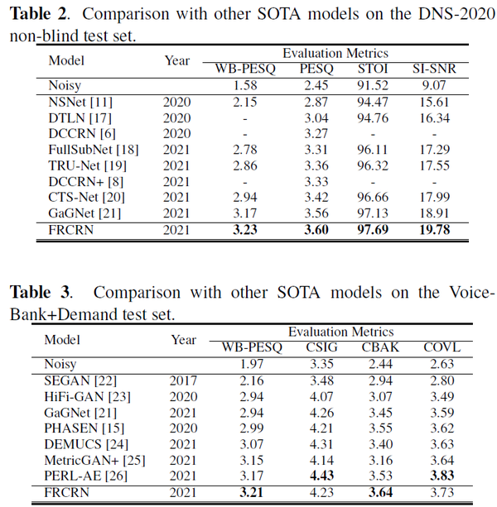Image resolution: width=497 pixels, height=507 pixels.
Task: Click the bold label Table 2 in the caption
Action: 36,14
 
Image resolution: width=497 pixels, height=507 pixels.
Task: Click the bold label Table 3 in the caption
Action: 36,292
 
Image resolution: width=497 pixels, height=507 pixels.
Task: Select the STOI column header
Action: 373,69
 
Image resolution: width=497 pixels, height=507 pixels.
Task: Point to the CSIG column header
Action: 322,347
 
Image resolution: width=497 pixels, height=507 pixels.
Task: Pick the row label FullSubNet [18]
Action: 93,150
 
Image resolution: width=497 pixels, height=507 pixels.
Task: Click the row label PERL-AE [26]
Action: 87,475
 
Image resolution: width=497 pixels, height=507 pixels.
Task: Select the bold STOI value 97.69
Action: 373,229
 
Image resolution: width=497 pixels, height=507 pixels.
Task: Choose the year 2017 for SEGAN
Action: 184,380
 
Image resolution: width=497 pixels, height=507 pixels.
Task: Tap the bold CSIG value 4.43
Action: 322,475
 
